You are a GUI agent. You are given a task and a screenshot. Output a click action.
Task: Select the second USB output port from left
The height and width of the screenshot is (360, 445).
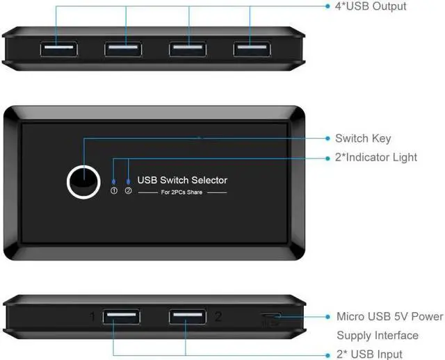[x=126, y=49]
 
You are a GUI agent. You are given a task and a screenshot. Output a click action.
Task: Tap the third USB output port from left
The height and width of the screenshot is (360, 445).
[x=189, y=49]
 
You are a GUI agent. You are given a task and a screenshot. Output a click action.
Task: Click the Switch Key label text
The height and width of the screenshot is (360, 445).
[x=363, y=138]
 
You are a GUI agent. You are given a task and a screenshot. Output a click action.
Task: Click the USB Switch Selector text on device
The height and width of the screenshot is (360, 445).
[x=182, y=180]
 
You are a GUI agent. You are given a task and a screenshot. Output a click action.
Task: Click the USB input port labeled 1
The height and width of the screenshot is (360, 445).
[x=121, y=317]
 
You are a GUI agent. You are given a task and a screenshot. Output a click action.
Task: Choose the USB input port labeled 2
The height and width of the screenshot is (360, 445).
[x=186, y=317]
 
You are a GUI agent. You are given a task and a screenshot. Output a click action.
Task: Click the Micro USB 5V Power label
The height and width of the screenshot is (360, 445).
[x=389, y=317]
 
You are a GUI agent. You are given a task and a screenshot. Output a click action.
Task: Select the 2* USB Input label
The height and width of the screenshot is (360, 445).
[x=369, y=354]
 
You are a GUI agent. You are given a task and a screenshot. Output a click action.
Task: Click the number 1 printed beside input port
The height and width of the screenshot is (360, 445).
[x=92, y=318]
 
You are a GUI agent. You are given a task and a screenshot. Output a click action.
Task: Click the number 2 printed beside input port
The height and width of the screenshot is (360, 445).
[x=218, y=317]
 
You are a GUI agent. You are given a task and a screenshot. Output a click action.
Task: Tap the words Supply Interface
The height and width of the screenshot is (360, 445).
[x=378, y=336]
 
